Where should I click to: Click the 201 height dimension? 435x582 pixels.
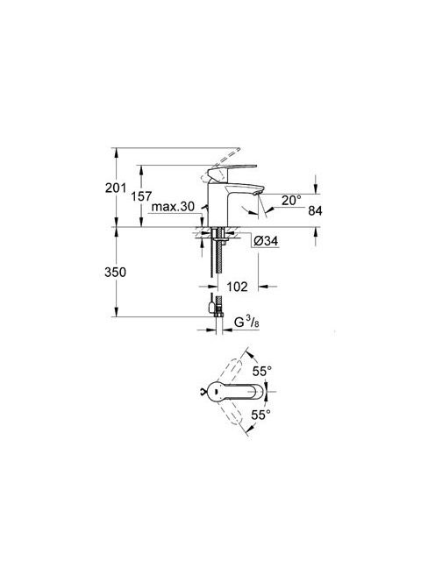116,188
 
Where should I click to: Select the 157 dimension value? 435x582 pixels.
141,196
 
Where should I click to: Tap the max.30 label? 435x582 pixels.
173,207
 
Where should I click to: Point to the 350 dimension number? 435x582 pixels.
115,272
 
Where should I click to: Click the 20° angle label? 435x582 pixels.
291,201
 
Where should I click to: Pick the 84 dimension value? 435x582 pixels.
315,211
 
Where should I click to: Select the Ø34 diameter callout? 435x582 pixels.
266,241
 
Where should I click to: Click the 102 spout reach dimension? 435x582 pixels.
237,287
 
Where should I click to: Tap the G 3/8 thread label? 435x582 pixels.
246,323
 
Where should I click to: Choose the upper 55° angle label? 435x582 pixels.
262,371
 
